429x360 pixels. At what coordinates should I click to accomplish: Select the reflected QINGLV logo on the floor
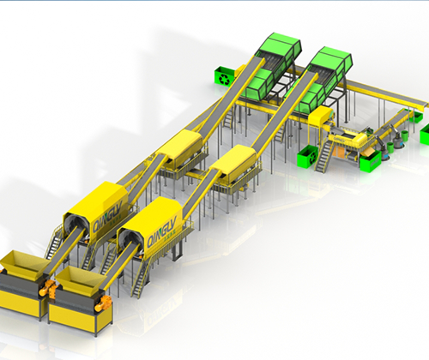click(162, 309)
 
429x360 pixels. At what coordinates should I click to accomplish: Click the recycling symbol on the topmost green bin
click(224, 79)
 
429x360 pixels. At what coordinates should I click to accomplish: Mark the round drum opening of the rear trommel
click(74, 225)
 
